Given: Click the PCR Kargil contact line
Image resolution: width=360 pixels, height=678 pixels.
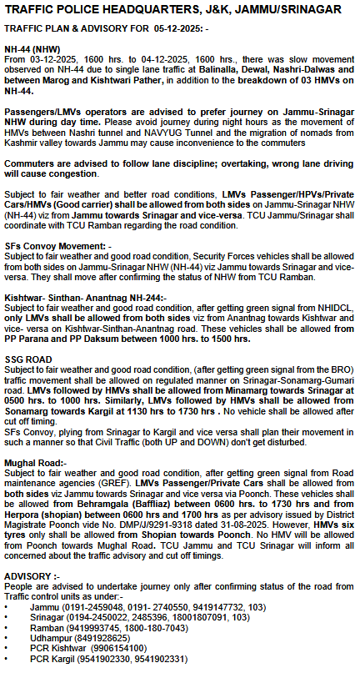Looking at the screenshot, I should (108, 659).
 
